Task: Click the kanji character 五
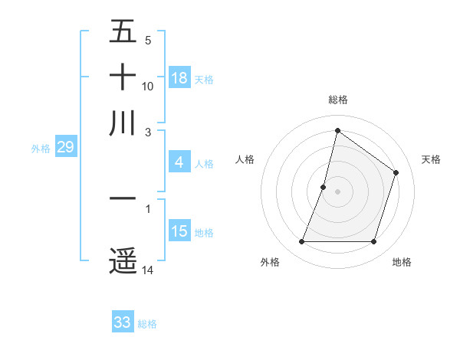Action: [123, 31]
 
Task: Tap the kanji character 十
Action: [123, 77]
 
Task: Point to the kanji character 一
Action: [123, 198]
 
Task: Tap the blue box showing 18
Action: [179, 77]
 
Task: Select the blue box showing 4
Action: [179, 162]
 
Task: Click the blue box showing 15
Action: [179, 231]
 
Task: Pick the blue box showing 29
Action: [65, 147]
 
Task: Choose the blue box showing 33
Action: [123, 322]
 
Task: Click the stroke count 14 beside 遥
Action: [148, 270]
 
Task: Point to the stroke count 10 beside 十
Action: [148, 86]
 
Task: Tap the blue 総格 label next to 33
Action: [147, 324]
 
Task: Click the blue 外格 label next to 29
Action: [41, 149]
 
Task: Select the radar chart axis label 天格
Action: [432, 159]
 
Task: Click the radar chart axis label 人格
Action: [245, 159]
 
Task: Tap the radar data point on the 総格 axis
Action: [337, 130]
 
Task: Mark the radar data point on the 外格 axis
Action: [301, 242]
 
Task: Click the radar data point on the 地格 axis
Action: [374, 242]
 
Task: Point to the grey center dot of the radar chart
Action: [337, 191]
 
